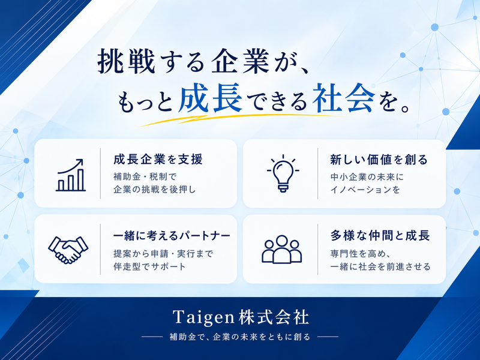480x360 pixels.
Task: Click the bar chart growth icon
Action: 70,175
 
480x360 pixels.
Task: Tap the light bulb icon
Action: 283,173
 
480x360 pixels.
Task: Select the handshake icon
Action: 68,250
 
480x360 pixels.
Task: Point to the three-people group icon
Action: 281,249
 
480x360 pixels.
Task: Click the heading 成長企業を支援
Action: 158,160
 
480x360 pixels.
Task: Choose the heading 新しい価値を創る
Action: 379,160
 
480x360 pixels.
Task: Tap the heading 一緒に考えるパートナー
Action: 172,236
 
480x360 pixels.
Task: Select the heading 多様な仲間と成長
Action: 380,235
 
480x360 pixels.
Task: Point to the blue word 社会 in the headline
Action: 344,98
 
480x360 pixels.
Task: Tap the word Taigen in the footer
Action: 203,317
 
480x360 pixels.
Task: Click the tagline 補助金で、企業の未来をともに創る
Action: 240,337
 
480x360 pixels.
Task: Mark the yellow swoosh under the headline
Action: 242,120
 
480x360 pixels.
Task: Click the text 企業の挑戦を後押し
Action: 155,190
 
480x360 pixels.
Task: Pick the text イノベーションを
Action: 365,190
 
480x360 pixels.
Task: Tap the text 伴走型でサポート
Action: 149,266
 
